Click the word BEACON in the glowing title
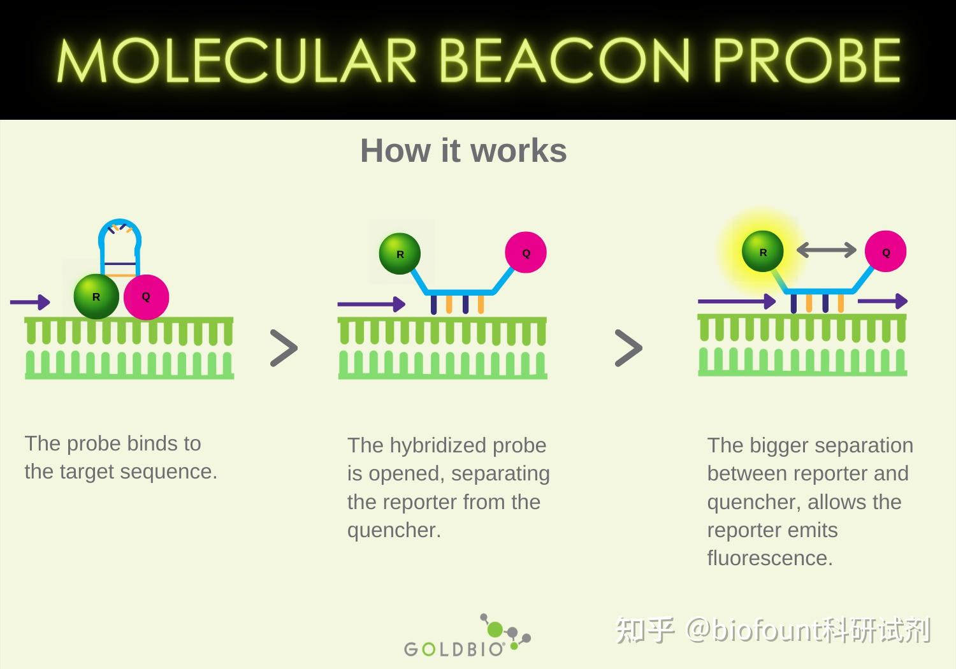[x=564, y=60]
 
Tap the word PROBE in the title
[x=807, y=60]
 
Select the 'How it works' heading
[x=463, y=150]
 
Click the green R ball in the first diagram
[x=96, y=296]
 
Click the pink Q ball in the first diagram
[x=146, y=297]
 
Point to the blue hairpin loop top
[x=120, y=222]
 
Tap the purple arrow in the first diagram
[x=30, y=302]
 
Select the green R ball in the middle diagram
[x=400, y=254]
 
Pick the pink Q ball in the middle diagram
[x=526, y=252]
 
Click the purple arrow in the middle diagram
[x=372, y=304]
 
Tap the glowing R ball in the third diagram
[x=763, y=251]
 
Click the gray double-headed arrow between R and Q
[x=826, y=250]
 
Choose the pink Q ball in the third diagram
[x=886, y=251]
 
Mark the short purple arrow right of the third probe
[x=883, y=301]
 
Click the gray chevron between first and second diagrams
[x=284, y=348]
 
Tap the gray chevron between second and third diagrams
[x=628, y=348]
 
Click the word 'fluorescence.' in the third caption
[x=770, y=558]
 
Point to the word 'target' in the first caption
[x=87, y=473]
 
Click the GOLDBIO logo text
[x=454, y=649]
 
